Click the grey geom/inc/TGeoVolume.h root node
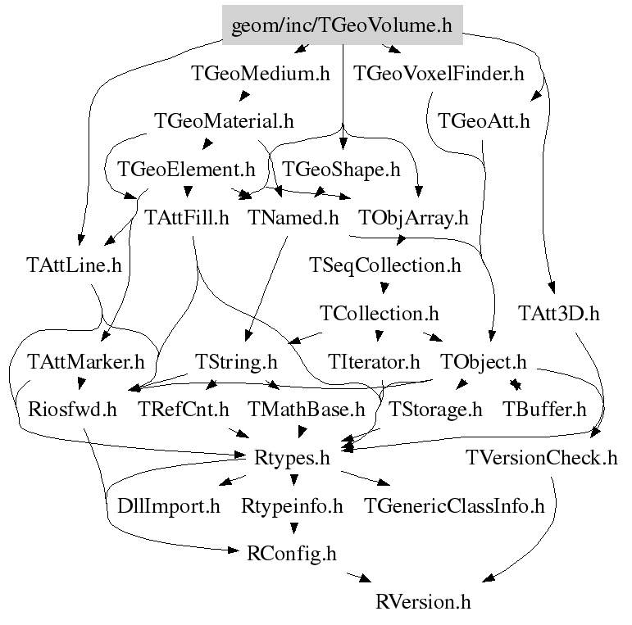(x=343, y=25)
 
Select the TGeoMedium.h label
(x=261, y=74)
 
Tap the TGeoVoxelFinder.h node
(x=439, y=74)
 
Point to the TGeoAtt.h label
(x=484, y=121)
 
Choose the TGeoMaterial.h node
(x=224, y=121)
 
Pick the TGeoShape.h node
(x=341, y=170)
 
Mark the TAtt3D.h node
(x=559, y=313)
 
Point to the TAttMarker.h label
(x=85, y=360)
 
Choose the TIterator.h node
(x=374, y=360)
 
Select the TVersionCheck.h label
(x=541, y=457)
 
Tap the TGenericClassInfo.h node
(x=455, y=505)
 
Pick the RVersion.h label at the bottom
(x=424, y=602)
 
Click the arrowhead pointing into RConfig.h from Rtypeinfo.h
(x=293, y=537)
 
